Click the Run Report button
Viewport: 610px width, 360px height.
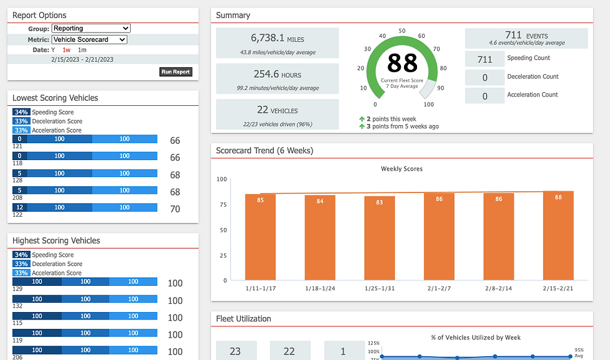pos(176,72)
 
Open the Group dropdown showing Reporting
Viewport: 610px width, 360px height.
pos(91,28)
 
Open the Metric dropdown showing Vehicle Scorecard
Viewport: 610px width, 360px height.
pos(90,39)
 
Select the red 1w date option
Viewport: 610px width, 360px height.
pos(67,50)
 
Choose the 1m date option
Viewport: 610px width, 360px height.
pos(82,50)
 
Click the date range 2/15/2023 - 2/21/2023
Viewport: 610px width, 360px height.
pos(82,60)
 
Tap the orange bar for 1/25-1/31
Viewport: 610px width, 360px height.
pos(379,238)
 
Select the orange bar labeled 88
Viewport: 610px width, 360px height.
pos(558,235)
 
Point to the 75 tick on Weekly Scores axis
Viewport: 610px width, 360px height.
pos(223,205)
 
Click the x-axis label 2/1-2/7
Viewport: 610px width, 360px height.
pos(439,288)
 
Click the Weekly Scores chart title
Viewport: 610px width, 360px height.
pos(401,169)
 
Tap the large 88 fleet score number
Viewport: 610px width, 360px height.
pos(402,64)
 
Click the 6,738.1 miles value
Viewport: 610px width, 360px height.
pos(267,38)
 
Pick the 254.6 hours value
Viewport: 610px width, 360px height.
pos(266,74)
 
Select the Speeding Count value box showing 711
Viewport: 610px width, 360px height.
pos(485,59)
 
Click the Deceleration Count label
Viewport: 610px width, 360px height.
pos(533,77)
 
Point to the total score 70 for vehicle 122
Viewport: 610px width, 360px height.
pos(175,209)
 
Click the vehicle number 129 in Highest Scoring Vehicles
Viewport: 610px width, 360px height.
pos(17,289)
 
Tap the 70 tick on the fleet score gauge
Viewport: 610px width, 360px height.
pos(436,49)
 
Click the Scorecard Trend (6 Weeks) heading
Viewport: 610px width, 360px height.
pos(265,151)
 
